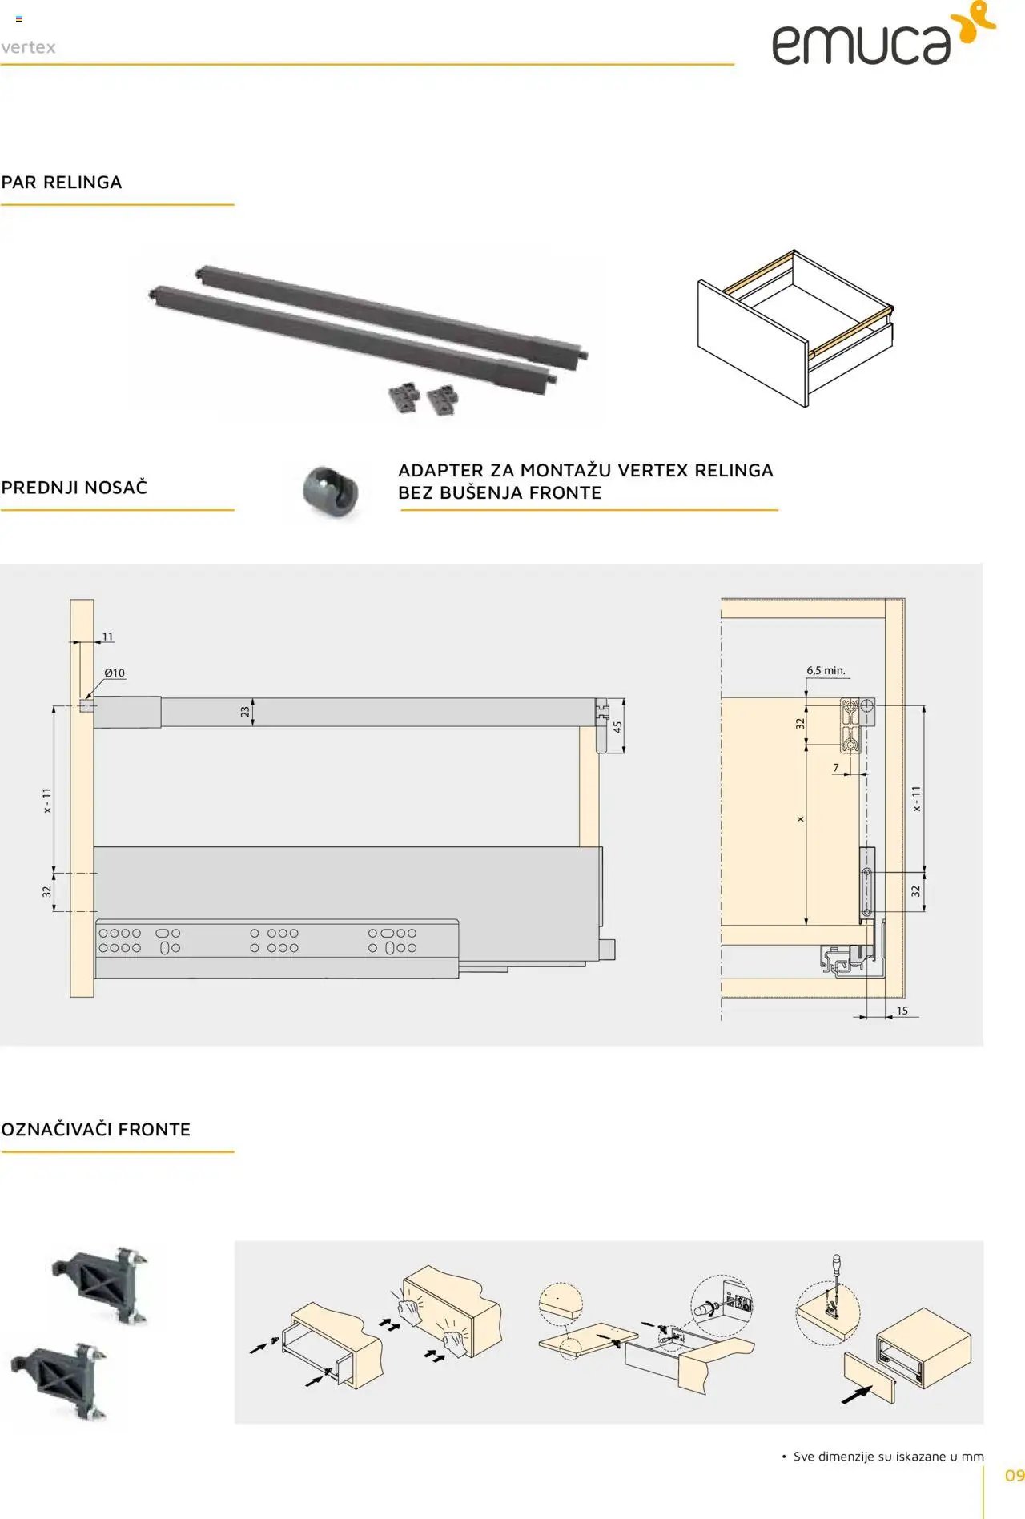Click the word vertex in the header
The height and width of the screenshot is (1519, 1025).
pos(28,47)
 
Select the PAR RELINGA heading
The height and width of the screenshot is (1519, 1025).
pos(62,182)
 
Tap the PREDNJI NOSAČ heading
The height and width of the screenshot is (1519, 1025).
pos(74,487)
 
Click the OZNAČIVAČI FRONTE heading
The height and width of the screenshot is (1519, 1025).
pos(96,1129)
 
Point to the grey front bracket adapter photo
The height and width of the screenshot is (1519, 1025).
pos(330,489)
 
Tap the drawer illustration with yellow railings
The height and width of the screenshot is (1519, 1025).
pos(795,328)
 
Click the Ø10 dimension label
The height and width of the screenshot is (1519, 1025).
pos(115,673)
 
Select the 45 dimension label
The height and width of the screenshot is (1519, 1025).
pos(617,728)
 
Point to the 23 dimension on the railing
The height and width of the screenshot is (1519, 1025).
pos(245,712)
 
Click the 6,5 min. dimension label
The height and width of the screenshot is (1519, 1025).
pos(826,670)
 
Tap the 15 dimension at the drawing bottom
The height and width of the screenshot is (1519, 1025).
pos(902,1011)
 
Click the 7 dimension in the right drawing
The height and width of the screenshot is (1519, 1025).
pos(836,767)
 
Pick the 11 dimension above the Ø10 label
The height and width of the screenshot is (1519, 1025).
pos(107,637)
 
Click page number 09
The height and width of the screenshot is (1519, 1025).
pos(1015,1475)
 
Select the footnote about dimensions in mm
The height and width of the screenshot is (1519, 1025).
pos(882,1456)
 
